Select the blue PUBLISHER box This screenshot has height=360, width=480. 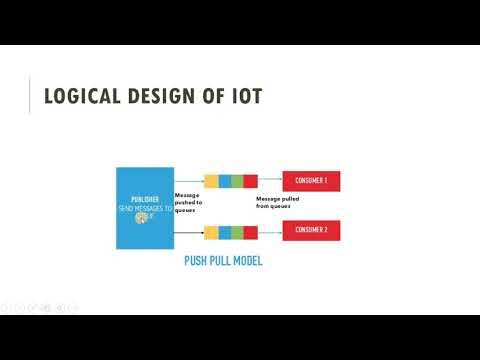(145, 207)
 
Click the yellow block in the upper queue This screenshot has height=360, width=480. (211, 181)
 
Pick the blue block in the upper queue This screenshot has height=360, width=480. (224, 181)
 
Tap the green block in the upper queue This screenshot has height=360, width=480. (237, 181)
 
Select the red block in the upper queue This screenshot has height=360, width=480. (250, 181)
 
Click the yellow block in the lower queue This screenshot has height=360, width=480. (211, 233)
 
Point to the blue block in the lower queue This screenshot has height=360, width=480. (224, 233)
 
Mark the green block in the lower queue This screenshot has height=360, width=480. (237, 233)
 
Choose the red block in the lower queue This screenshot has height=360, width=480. (250, 233)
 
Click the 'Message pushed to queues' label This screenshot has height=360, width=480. (188, 203)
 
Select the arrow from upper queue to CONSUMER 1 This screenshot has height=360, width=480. (270, 181)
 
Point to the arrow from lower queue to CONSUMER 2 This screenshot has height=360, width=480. (270, 233)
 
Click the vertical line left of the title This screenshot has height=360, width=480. (30, 96)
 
